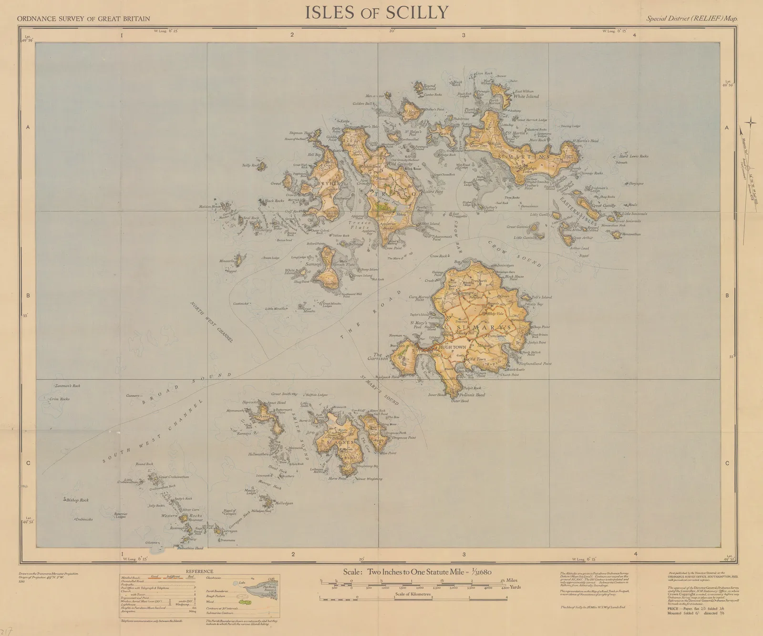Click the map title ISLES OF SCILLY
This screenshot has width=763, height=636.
click(x=377, y=12)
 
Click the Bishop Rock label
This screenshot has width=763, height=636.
click(x=78, y=500)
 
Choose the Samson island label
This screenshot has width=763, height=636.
click(x=313, y=264)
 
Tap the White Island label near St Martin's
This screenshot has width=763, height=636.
click(x=526, y=96)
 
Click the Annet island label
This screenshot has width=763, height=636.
click(x=264, y=416)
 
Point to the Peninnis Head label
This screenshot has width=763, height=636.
click(x=472, y=395)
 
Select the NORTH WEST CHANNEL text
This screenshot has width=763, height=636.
click(x=212, y=322)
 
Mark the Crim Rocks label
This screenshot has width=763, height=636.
click(x=59, y=399)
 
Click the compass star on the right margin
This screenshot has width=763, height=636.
click(x=750, y=123)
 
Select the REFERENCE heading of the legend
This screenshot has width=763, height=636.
click(x=199, y=571)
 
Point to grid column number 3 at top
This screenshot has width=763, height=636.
click(x=464, y=35)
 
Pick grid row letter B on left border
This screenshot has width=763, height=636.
click(x=28, y=296)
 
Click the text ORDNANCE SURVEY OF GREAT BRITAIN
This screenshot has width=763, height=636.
click(x=83, y=19)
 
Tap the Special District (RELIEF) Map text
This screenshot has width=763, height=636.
click(x=691, y=19)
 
